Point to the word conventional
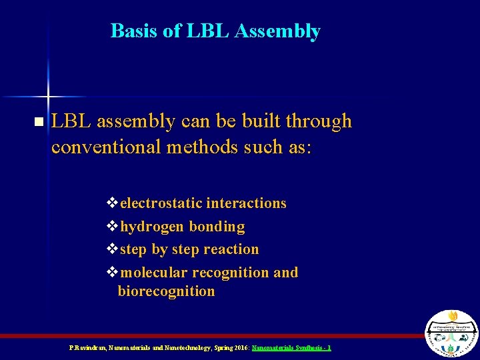pyautogui.click(x=105, y=146)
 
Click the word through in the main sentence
pyautogui.click(x=317, y=121)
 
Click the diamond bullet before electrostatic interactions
pyautogui.click(x=111, y=203)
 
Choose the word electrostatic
pyautogui.click(x=161, y=203)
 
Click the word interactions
pyautogui.click(x=246, y=203)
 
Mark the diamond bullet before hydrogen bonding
pyautogui.click(x=111, y=227)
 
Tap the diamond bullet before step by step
pyautogui.click(x=111, y=249)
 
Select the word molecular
pyautogui.click(x=155, y=273)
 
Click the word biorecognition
pyautogui.click(x=166, y=291)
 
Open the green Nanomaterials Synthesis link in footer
pyautogui.click(x=291, y=348)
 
